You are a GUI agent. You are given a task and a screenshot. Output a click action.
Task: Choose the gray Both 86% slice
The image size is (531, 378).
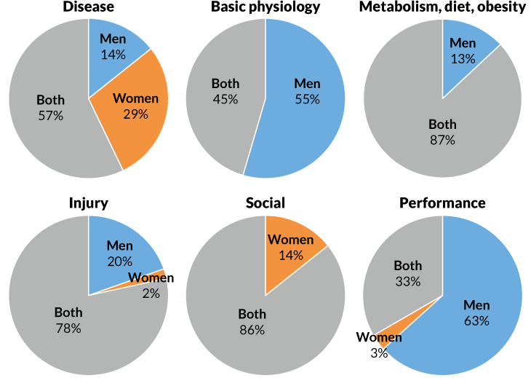click(x=247, y=335)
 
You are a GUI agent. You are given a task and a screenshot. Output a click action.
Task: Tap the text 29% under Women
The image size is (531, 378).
click(x=135, y=114)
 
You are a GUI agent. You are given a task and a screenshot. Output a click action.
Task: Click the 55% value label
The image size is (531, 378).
click(x=307, y=99)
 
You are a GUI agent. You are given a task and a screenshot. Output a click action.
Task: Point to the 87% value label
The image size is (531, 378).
click(x=442, y=140)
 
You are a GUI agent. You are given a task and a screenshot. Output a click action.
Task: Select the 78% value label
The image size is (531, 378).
click(x=68, y=328)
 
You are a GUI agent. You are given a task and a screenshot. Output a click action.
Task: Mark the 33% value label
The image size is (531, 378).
click(x=407, y=281)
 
